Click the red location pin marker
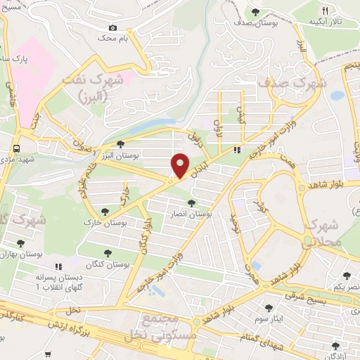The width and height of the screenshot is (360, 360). pyautogui.click(x=180, y=166)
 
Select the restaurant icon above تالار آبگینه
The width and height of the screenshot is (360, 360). pyautogui.click(x=324, y=11)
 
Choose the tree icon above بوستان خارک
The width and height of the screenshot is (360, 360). pyautogui.click(x=105, y=211)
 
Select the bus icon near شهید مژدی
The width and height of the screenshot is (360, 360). pyautogui.click(x=15, y=148)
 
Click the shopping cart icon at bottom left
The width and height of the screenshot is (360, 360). pyautogui.click(x=48, y=356)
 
